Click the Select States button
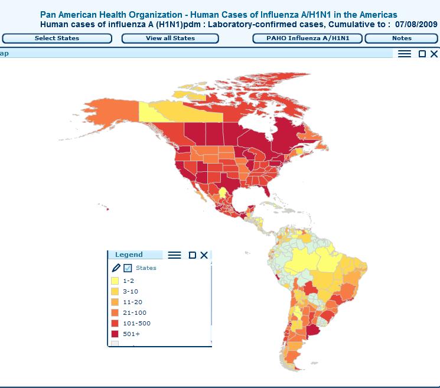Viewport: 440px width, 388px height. click(x=57, y=38)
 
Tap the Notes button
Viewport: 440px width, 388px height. click(x=402, y=38)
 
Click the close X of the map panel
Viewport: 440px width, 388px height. click(x=434, y=54)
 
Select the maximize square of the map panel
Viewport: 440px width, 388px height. click(x=422, y=54)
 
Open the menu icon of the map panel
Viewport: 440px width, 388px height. click(x=404, y=54)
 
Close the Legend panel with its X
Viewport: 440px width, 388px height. click(x=204, y=255)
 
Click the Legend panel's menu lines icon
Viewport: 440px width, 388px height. click(x=174, y=255)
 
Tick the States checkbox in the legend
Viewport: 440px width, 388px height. click(x=128, y=268)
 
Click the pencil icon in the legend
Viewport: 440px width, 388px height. click(x=116, y=268)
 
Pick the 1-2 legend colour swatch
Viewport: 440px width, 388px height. click(x=115, y=281)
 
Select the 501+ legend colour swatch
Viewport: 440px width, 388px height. click(x=115, y=334)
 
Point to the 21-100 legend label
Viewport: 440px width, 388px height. click(x=135, y=313)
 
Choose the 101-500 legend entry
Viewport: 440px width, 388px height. click(x=136, y=324)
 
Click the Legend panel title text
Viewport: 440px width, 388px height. click(x=129, y=255)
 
